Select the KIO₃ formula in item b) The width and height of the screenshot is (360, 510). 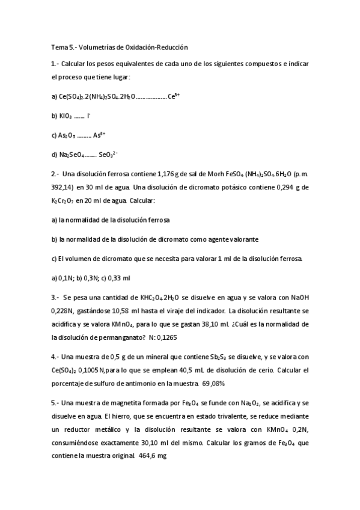(62, 115)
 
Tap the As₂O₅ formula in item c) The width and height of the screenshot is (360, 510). (64, 135)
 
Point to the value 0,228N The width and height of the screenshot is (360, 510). (64, 311)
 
